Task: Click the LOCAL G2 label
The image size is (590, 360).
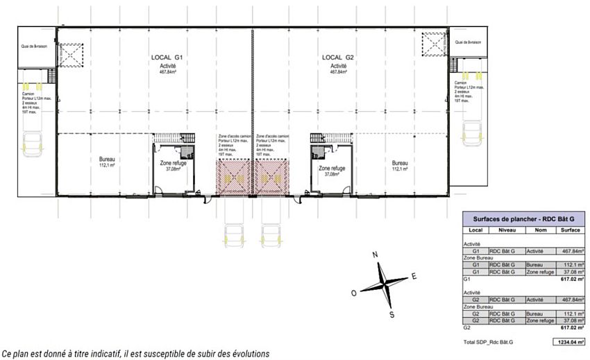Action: (x=338, y=57)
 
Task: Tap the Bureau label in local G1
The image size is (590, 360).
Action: (x=106, y=160)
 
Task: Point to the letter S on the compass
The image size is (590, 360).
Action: (x=391, y=314)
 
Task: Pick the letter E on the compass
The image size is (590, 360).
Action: (x=414, y=276)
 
